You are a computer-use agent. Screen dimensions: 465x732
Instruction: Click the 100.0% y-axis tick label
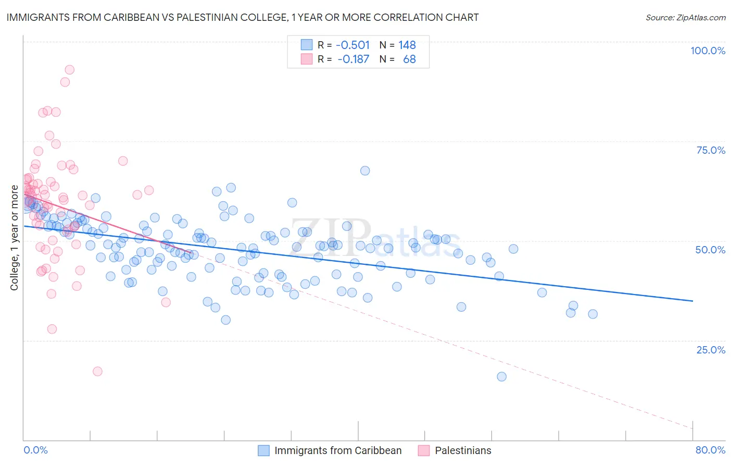pos(708,51)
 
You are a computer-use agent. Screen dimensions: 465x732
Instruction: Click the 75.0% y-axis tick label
pos(711,150)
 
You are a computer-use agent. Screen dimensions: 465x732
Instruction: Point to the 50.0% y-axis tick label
pos(710,250)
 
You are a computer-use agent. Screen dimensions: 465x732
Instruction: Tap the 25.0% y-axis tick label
pos(711,349)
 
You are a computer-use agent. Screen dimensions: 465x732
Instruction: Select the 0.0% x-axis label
pos(35,450)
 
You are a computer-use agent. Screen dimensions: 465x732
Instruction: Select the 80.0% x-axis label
pos(710,450)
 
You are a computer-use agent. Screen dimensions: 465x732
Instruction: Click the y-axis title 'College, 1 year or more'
pos(15,238)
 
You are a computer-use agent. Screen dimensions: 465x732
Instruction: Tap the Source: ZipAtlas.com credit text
pos(685,17)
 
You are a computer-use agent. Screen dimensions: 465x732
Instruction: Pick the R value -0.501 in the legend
pos(352,45)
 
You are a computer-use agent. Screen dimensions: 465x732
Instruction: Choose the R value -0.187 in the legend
pos(353,59)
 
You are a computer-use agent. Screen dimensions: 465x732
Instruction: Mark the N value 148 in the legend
pos(407,45)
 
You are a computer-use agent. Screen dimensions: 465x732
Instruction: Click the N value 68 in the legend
pos(409,59)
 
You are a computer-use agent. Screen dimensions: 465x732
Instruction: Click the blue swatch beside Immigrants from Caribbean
pos(264,450)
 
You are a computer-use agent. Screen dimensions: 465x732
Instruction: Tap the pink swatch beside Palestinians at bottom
pos(424,450)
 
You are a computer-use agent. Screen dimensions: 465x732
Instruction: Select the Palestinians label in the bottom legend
pos(463,450)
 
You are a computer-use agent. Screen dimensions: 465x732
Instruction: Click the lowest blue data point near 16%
pos(501,376)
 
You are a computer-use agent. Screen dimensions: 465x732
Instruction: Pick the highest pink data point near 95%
pos(69,70)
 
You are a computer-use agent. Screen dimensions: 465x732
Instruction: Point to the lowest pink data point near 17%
pos(97,371)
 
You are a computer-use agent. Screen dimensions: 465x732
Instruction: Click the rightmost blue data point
pos(592,314)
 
